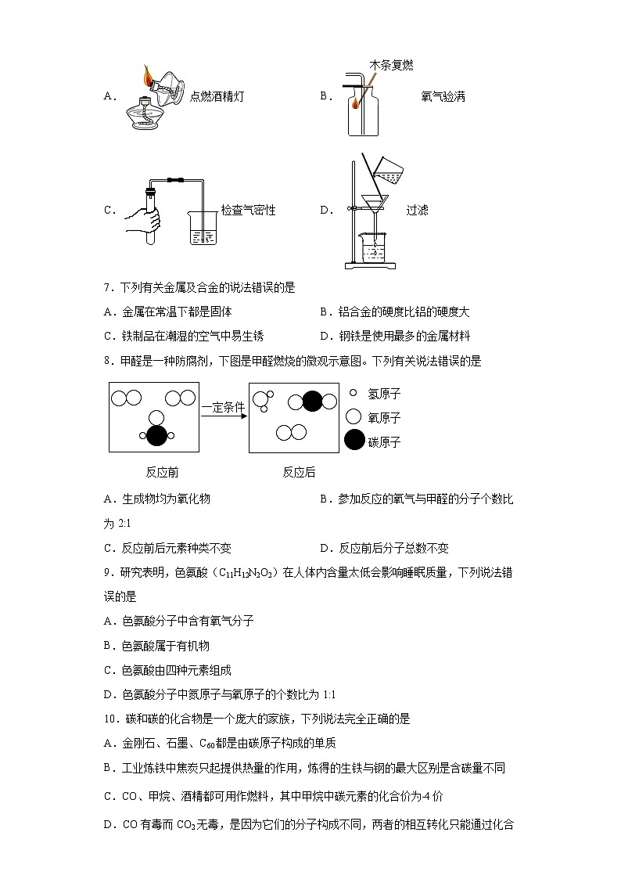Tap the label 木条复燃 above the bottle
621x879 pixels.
point(391,66)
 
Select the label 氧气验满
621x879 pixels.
point(443,97)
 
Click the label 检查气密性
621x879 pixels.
point(248,211)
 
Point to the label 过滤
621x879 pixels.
point(417,211)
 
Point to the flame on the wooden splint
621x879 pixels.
point(357,101)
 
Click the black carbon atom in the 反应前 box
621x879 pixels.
point(156,435)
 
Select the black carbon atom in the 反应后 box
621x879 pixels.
point(312,402)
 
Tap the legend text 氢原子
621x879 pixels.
point(384,394)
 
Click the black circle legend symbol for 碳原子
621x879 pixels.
point(354,441)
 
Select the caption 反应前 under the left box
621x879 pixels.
point(162,472)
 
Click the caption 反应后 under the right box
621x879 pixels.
point(299,472)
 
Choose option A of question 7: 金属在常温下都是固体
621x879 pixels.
point(167,312)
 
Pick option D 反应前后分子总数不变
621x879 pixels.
point(384,548)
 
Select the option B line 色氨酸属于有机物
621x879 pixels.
point(156,646)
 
